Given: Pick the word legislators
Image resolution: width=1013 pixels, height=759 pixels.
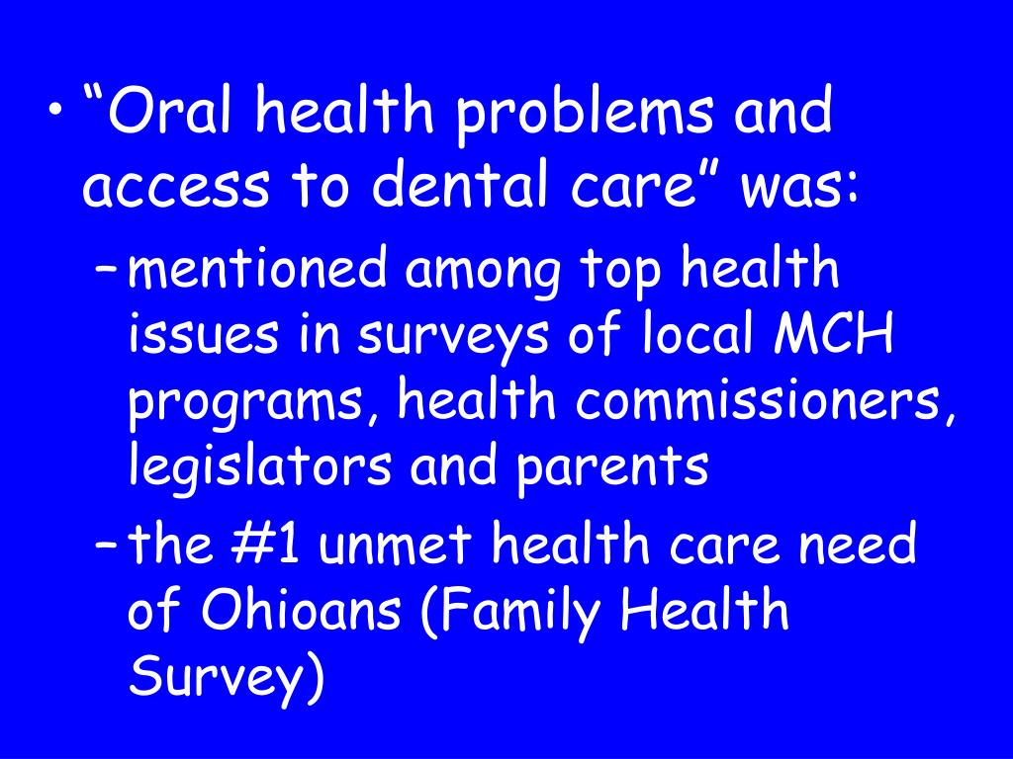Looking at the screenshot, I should (x=260, y=465).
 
